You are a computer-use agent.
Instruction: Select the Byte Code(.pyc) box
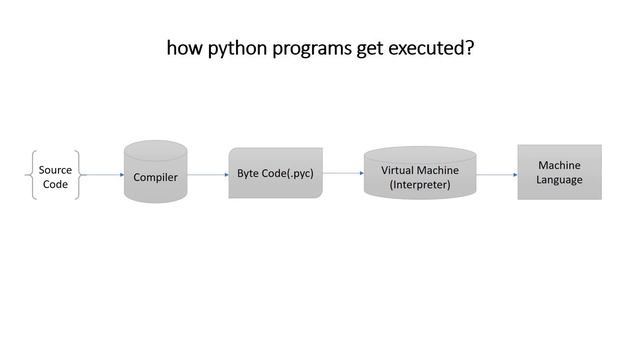pyautogui.click(x=275, y=173)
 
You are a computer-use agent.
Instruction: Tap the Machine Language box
pyautogui.click(x=559, y=172)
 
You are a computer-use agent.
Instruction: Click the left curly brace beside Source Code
pyautogui.click(x=34, y=176)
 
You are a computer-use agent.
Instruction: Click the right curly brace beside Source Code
pyautogui.click(x=76, y=176)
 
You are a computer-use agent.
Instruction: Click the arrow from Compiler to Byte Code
pyautogui.click(x=208, y=176)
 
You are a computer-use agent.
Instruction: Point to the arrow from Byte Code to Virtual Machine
pyautogui.click(x=343, y=173)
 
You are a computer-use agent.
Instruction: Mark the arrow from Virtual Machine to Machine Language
pyautogui.click(x=497, y=175)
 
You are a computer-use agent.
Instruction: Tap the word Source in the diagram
pyautogui.click(x=55, y=170)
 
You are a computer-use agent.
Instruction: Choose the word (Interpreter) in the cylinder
pyautogui.click(x=420, y=185)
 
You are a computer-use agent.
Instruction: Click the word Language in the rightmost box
pyautogui.click(x=559, y=180)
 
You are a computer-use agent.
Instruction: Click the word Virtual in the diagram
pyautogui.click(x=399, y=170)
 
